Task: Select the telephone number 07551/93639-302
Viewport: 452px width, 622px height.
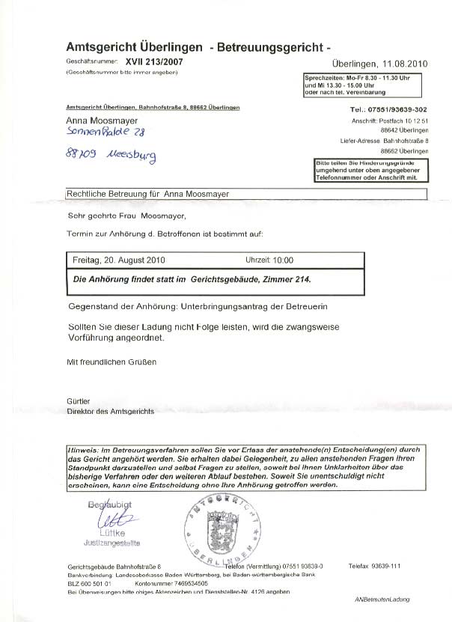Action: (397, 109)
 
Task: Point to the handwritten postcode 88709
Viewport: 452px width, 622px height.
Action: (80, 159)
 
